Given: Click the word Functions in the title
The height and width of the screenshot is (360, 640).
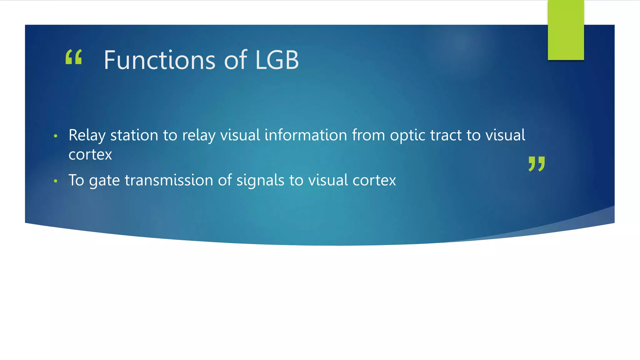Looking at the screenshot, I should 159,60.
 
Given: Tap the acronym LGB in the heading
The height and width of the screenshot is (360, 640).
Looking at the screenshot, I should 277,60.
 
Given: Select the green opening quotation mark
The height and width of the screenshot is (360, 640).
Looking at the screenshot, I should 74,57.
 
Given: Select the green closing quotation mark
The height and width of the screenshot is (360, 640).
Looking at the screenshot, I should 537,164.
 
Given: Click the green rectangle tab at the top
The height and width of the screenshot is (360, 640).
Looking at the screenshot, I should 566,30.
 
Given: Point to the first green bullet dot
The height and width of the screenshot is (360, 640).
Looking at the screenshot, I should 56,136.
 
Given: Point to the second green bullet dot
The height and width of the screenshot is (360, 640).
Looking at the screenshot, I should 56,181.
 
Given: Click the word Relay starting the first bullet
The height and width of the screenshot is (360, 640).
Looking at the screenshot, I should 87,136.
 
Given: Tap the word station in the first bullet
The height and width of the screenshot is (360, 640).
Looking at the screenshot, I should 134,136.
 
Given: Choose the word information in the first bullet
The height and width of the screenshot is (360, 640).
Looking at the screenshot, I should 306,136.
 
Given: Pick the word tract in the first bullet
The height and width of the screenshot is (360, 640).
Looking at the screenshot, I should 446,136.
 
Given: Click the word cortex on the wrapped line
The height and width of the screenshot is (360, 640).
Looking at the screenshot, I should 90,155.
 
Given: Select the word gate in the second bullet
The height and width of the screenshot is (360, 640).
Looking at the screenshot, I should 104,181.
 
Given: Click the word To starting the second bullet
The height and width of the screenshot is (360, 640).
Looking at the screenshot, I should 76,181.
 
